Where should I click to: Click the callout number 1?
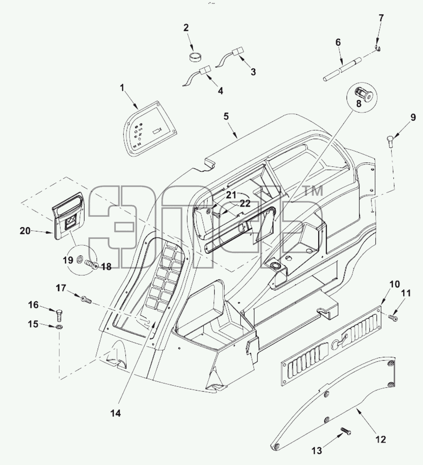(x=122, y=88)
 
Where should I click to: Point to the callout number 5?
(x=226, y=116)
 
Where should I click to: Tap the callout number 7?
(x=381, y=18)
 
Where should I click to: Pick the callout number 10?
(x=395, y=284)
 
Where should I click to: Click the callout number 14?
(x=115, y=413)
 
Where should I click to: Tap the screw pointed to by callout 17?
(x=86, y=300)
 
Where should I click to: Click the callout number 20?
(x=25, y=231)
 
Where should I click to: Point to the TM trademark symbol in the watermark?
(x=314, y=191)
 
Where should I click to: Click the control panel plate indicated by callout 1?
(x=152, y=129)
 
